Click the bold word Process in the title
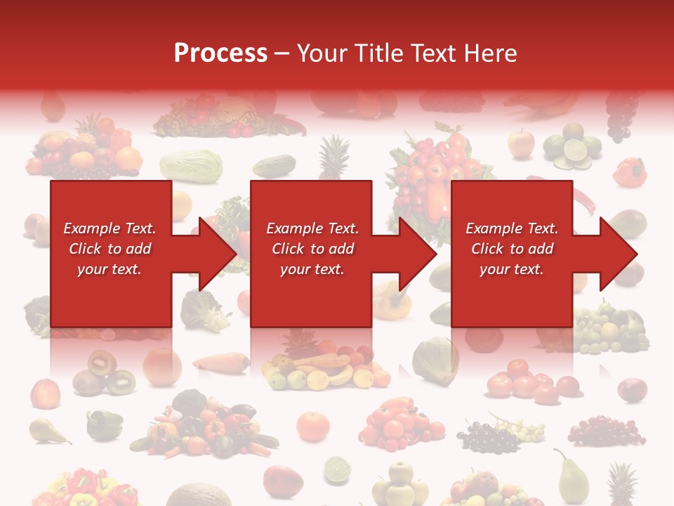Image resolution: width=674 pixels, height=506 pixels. [220, 53]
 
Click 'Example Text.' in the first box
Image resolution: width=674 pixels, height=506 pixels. [110, 228]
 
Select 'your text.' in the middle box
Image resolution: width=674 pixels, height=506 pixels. [312, 269]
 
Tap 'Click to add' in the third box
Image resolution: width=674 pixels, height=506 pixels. [512, 249]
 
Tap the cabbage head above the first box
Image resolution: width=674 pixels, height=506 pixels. [191, 166]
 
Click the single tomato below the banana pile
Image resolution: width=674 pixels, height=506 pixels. [312, 426]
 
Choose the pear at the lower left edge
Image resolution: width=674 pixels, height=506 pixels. [46, 430]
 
